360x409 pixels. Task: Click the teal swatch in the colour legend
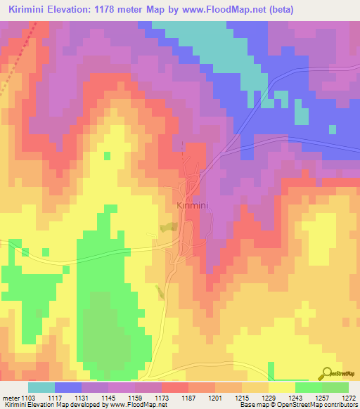[41, 387]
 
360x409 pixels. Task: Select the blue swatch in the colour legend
[68, 387]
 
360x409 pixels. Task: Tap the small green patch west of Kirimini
[168, 228]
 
